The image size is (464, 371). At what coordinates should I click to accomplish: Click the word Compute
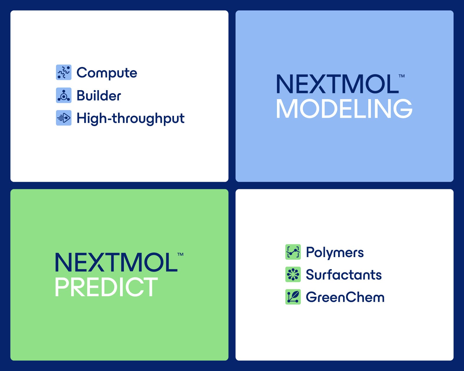pos(107,73)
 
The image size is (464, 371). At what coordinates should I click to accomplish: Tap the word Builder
pos(99,95)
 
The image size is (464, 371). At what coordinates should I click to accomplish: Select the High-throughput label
pos(130,118)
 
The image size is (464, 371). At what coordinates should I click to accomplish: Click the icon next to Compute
pos(64,72)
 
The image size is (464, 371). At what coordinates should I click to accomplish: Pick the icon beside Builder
pos(64,95)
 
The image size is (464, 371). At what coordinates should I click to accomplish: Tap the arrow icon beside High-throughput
pos(64,118)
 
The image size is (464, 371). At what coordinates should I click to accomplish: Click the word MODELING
pos(344,109)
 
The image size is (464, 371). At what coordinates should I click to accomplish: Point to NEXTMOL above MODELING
pos(338,84)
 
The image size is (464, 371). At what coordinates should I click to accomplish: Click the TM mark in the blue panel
pos(401,76)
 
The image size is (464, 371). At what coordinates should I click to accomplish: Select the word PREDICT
pos(106,287)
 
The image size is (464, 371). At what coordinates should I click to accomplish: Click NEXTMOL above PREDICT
pos(116,262)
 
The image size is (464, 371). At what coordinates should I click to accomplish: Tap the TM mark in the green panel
pos(180,254)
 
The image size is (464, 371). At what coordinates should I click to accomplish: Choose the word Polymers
pos(335,252)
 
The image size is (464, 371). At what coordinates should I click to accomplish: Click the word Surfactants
pos(344,275)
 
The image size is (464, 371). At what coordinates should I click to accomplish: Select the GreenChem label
pos(345,297)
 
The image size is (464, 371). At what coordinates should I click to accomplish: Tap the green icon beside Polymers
pos(293,252)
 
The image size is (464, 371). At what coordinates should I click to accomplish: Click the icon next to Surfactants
pos(293,274)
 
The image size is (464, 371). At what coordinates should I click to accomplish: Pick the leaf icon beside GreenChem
pos(293,297)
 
